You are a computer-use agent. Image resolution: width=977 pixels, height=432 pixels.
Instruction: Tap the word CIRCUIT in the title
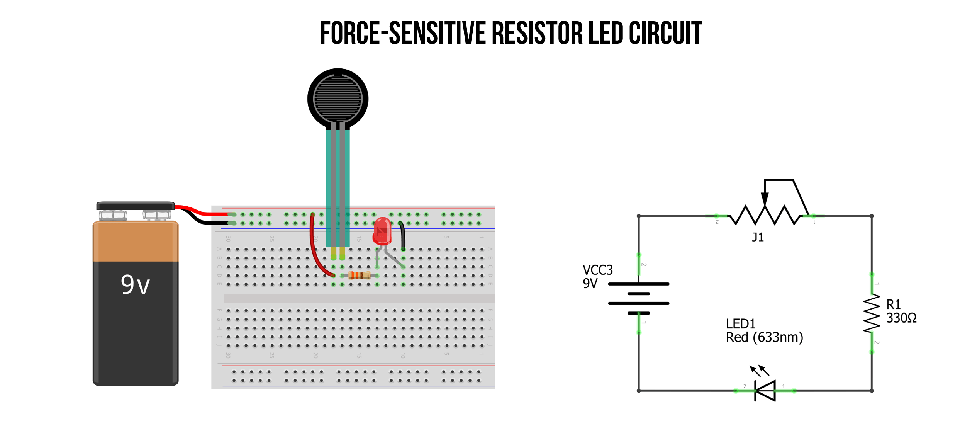tap(665, 33)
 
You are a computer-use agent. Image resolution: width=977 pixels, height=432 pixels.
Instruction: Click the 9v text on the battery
tap(135, 285)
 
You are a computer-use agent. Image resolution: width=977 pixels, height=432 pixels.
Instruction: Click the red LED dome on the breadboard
tap(382, 231)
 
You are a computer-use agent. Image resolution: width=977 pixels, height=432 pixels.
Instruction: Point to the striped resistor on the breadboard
tap(359, 275)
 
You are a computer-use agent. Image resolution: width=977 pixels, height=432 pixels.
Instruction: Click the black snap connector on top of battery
tap(135, 206)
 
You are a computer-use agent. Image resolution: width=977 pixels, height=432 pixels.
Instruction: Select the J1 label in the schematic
tap(758, 237)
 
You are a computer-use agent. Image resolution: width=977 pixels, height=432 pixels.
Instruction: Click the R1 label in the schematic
tap(893, 304)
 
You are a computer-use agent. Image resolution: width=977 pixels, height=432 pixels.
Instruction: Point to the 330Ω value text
tap(901, 318)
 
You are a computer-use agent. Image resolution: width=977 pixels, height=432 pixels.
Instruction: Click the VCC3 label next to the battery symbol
tap(597, 270)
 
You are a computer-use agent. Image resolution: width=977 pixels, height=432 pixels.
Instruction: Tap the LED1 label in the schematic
tap(740, 323)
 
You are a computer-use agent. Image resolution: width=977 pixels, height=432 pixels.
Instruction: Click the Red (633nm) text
tap(764, 337)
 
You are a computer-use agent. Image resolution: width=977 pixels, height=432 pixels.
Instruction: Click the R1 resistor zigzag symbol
tap(872, 313)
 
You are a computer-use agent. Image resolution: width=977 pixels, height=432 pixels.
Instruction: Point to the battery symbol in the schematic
tap(638, 298)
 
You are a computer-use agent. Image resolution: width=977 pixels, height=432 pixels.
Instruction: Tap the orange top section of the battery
tap(135, 242)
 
